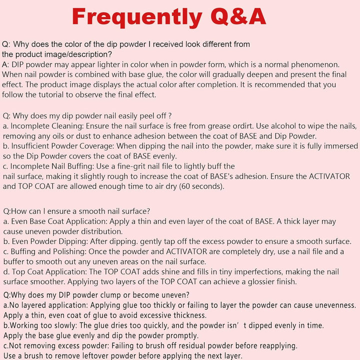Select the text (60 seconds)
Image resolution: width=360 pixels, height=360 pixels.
pyautogui.click(x=199, y=186)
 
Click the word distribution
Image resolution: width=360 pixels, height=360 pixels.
pyautogui.click(x=106, y=231)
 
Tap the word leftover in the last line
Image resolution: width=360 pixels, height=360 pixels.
pyautogui.click(x=95, y=356)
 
